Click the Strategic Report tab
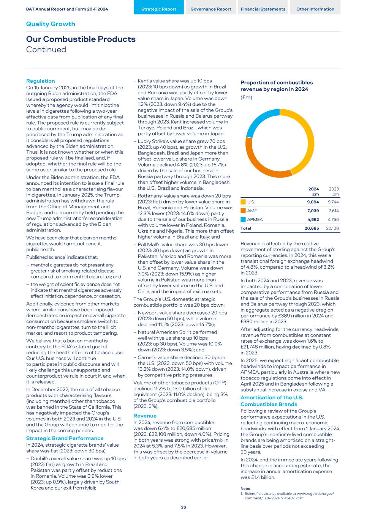159,9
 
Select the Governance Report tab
210,9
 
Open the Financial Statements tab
263,9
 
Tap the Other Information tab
315,9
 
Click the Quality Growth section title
51,24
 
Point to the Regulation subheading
40,81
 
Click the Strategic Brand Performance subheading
65,438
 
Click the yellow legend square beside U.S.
243,202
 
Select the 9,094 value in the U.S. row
313,202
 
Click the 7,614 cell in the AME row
333,211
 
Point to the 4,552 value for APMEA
313,219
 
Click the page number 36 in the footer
183,507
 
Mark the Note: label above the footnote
245,488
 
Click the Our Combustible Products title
81,39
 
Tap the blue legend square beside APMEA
243,219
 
